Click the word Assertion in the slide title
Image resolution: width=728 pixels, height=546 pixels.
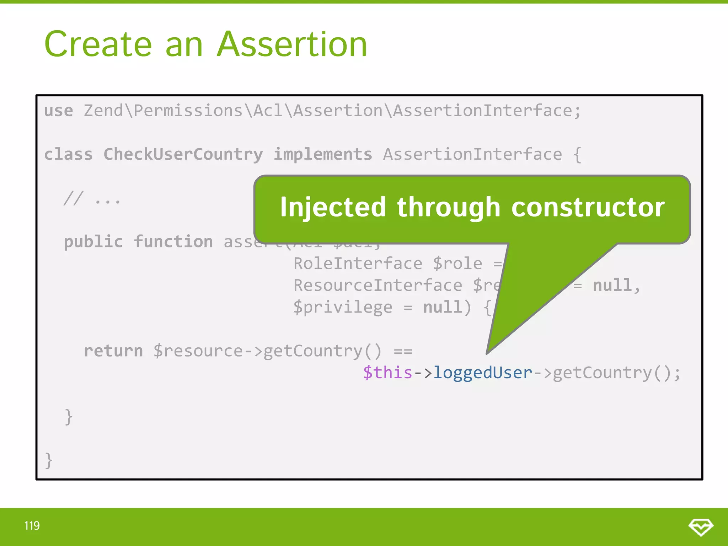coord(292,44)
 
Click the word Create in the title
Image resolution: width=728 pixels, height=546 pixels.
coord(98,44)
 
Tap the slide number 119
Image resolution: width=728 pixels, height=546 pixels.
coord(32,526)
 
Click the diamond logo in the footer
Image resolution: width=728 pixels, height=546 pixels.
coord(701,526)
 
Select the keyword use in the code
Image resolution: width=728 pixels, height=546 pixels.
coord(58,111)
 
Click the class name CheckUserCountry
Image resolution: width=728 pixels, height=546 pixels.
coord(183,155)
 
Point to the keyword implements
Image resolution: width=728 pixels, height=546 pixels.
coord(322,155)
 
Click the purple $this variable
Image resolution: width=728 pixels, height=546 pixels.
coord(387,373)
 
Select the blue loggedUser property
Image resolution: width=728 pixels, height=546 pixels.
coord(482,373)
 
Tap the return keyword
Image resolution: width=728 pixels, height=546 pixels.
coord(113,351)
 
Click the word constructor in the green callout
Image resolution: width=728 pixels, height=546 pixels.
coord(588,207)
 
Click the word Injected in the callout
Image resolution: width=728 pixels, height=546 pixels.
coord(333,207)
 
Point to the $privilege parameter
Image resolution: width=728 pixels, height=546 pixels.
coord(343,307)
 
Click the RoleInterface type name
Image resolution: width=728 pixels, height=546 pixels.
coord(358,264)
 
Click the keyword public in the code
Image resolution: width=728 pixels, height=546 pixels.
coord(93,242)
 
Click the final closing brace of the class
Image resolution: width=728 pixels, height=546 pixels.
coord(49,461)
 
